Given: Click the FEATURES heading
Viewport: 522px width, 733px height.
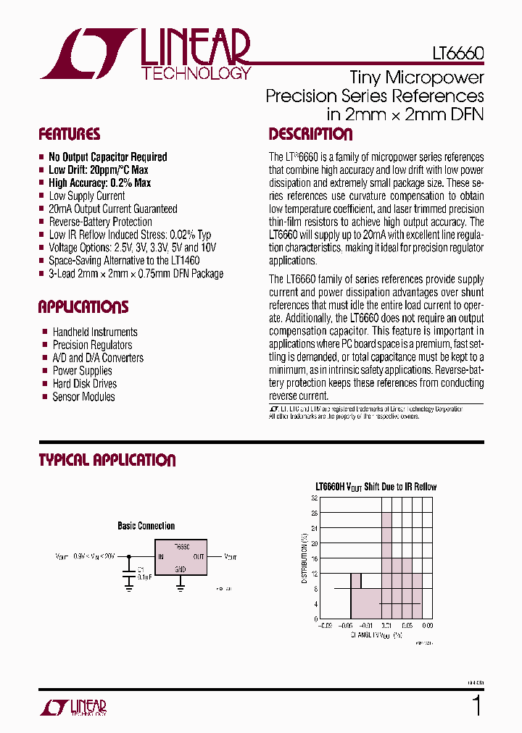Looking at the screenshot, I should pyautogui.click(x=70, y=135).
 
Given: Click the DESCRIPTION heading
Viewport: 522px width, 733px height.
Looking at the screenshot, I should pyautogui.click(x=310, y=135).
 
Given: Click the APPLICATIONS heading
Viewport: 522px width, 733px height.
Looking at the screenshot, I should pyautogui.click(x=83, y=307).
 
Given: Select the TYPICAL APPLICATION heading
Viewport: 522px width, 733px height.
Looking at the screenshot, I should pyautogui.click(x=107, y=461).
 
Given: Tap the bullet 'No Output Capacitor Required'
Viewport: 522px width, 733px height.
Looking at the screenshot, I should pyautogui.click(x=107, y=157).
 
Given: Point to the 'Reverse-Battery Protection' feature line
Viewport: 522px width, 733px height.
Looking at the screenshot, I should pyautogui.click(x=100, y=222).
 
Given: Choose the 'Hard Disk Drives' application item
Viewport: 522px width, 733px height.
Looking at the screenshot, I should pyautogui.click(x=84, y=384).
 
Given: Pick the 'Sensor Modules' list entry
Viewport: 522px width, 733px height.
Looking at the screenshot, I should pyautogui.click(x=83, y=397).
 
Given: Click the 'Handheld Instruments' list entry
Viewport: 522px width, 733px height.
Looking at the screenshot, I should pyautogui.click(x=95, y=332).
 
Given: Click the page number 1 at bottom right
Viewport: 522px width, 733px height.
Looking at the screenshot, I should pyautogui.click(x=476, y=705).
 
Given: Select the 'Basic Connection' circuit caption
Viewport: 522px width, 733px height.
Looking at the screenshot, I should pyautogui.click(x=146, y=526).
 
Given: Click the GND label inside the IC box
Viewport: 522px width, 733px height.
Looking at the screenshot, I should pyautogui.click(x=181, y=570).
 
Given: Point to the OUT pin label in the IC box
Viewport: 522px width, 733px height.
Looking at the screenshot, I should pyautogui.click(x=199, y=557).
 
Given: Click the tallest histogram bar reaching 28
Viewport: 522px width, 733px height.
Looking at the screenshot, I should pyautogui.click(x=386, y=565).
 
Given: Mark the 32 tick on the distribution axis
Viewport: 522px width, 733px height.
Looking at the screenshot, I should pyautogui.click(x=315, y=498).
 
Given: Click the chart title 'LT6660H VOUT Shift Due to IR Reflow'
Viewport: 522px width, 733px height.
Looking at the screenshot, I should pyautogui.click(x=376, y=487).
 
